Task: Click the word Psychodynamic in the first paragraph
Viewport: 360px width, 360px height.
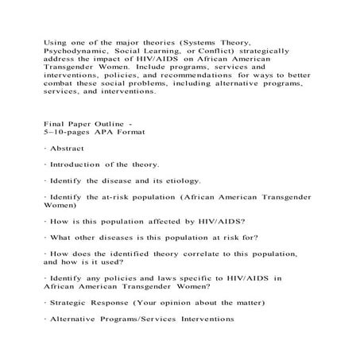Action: point(75,48)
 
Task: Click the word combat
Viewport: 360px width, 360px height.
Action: point(60,82)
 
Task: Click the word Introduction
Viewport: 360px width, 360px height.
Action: point(82,165)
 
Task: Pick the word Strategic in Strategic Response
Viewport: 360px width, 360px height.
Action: point(73,304)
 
